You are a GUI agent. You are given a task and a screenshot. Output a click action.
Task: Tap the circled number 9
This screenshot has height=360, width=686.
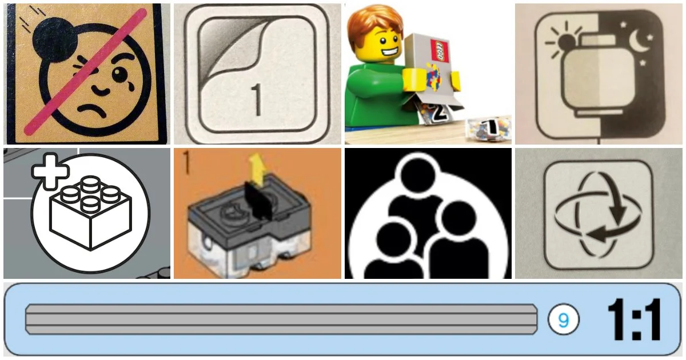(x=563, y=320)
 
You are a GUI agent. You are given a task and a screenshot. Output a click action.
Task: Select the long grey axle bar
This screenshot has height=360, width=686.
(x=280, y=319)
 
